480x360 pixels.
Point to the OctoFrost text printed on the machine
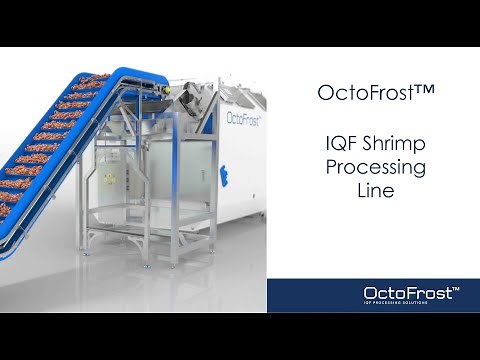(x=245, y=118)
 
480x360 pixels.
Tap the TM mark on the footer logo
(x=456, y=286)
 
